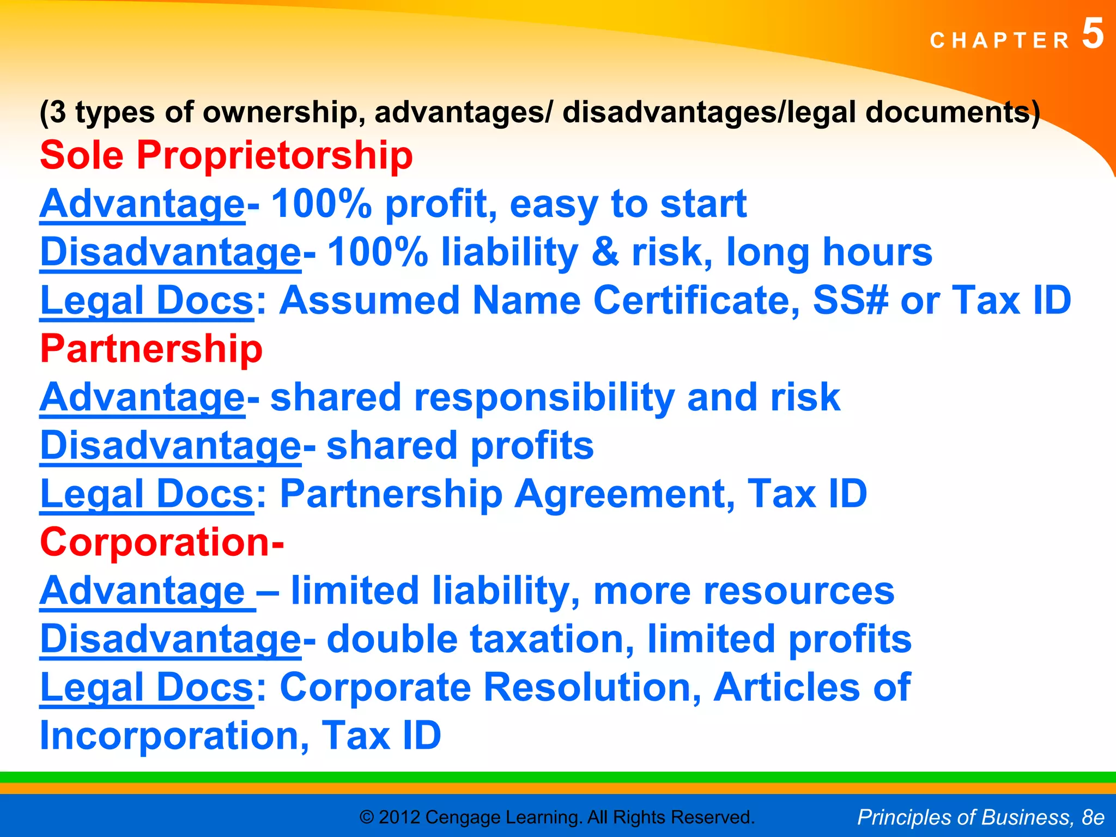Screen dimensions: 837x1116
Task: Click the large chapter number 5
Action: click(x=1092, y=34)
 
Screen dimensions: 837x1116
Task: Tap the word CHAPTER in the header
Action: click(x=1000, y=41)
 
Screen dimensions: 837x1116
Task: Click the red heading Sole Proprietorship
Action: click(x=226, y=155)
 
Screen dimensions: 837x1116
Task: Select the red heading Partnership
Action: click(x=151, y=349)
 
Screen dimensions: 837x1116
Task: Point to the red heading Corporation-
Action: click(x=162, y=542)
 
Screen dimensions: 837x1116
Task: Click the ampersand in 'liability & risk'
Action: click(x=605, y=252)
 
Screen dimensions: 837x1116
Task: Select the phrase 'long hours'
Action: click(x=829, y=252)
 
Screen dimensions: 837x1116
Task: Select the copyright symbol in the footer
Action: click(x=367, y=817)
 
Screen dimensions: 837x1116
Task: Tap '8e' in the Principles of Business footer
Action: click(x=1093, y=817)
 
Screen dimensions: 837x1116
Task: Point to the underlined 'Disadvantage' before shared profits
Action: click(x=170, y=446)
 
